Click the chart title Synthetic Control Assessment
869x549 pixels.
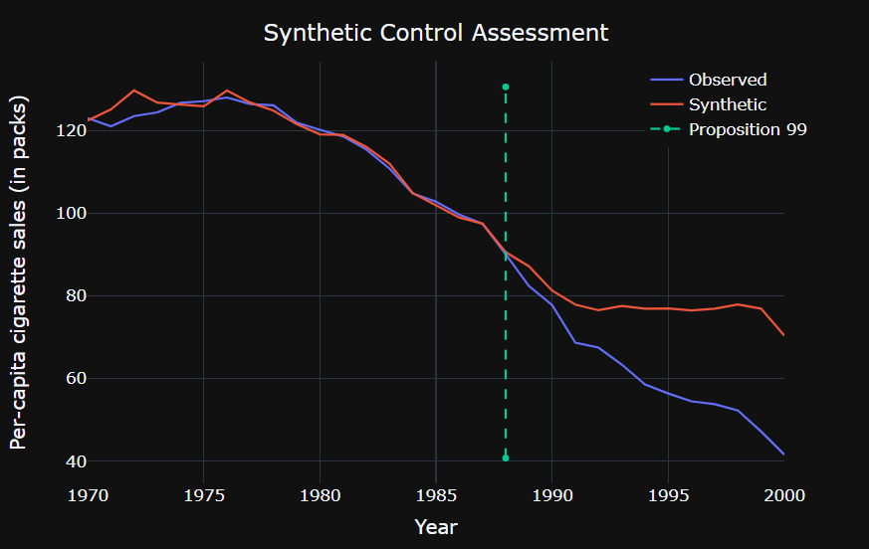click(x=435, y=33)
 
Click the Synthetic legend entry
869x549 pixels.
click(x=727, y=104)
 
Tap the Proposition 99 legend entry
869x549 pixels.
click(x=747, y=129)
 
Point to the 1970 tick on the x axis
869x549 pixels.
click(x=89, y=494)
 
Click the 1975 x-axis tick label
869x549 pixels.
click(x=203, y=494)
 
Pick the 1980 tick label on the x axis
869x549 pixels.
click(x=320, y=494)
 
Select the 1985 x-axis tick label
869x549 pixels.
click(x=436, y=494)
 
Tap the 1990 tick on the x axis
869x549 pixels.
click(x=552, y=494)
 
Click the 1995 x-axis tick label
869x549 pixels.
click(x=668, y=494)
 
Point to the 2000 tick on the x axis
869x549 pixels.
click(x=783, y=494)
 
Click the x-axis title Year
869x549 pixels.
click(x=436, y=526)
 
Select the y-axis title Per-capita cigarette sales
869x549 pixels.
click(x=20, y=273)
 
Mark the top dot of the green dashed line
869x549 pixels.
click(x=506, y=88)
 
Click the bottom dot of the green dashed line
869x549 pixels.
click(x=506, y=458)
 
